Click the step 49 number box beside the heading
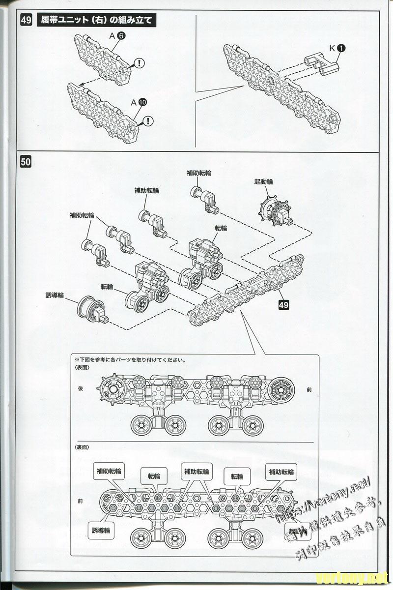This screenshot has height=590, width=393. [26, 20]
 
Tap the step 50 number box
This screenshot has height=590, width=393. [26, 161]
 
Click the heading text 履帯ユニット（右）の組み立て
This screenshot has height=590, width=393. [96, 20]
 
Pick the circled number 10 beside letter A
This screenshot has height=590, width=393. [142, 102]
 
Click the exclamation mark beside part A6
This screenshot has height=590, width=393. [140, 63]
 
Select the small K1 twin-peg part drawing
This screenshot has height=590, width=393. [321, 64]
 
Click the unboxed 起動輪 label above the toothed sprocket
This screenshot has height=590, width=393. [263, 181]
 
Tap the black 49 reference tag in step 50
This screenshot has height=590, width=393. [283, 304]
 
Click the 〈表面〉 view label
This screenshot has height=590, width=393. [82, 368]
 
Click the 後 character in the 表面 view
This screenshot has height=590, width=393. [81, 388]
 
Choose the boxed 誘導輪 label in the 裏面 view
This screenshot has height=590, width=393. [104, 531]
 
